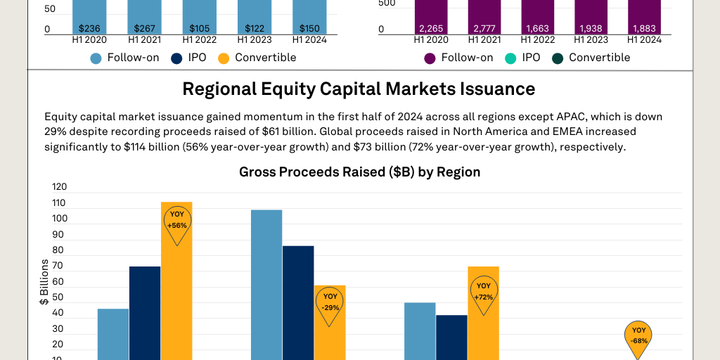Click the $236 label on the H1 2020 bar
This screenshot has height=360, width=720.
[x=90, y=29]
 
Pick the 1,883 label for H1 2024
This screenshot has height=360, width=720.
[x=645, y=29]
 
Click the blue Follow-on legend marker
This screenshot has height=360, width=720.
[x=96, y=58]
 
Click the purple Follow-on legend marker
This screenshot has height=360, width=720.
[x=430, y=58]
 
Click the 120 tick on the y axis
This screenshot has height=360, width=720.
[x=59, y=187]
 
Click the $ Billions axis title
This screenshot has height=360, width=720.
[x=44, y=282]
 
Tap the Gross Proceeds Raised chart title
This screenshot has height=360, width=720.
[x=359, y=172]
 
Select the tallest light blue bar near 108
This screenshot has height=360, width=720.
[x=266, y=281]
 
